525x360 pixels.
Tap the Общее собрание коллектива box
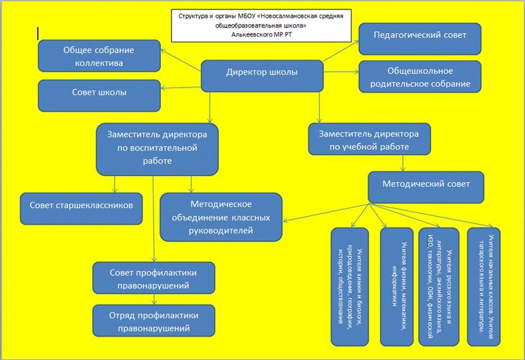tap(98, 57)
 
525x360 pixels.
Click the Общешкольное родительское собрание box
tap(420, 77)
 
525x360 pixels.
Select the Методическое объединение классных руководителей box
tap(221, 217)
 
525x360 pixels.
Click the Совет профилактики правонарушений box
tap(154, 279)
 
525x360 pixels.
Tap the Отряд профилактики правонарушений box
tap(154, 321)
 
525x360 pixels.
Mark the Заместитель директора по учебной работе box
tap(369, 139)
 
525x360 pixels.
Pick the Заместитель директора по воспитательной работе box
tap(157, 148)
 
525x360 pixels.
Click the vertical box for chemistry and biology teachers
tap(349, 286)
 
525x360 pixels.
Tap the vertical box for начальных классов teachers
tap(486, 286)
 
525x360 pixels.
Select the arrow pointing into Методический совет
tap(403, 163)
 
